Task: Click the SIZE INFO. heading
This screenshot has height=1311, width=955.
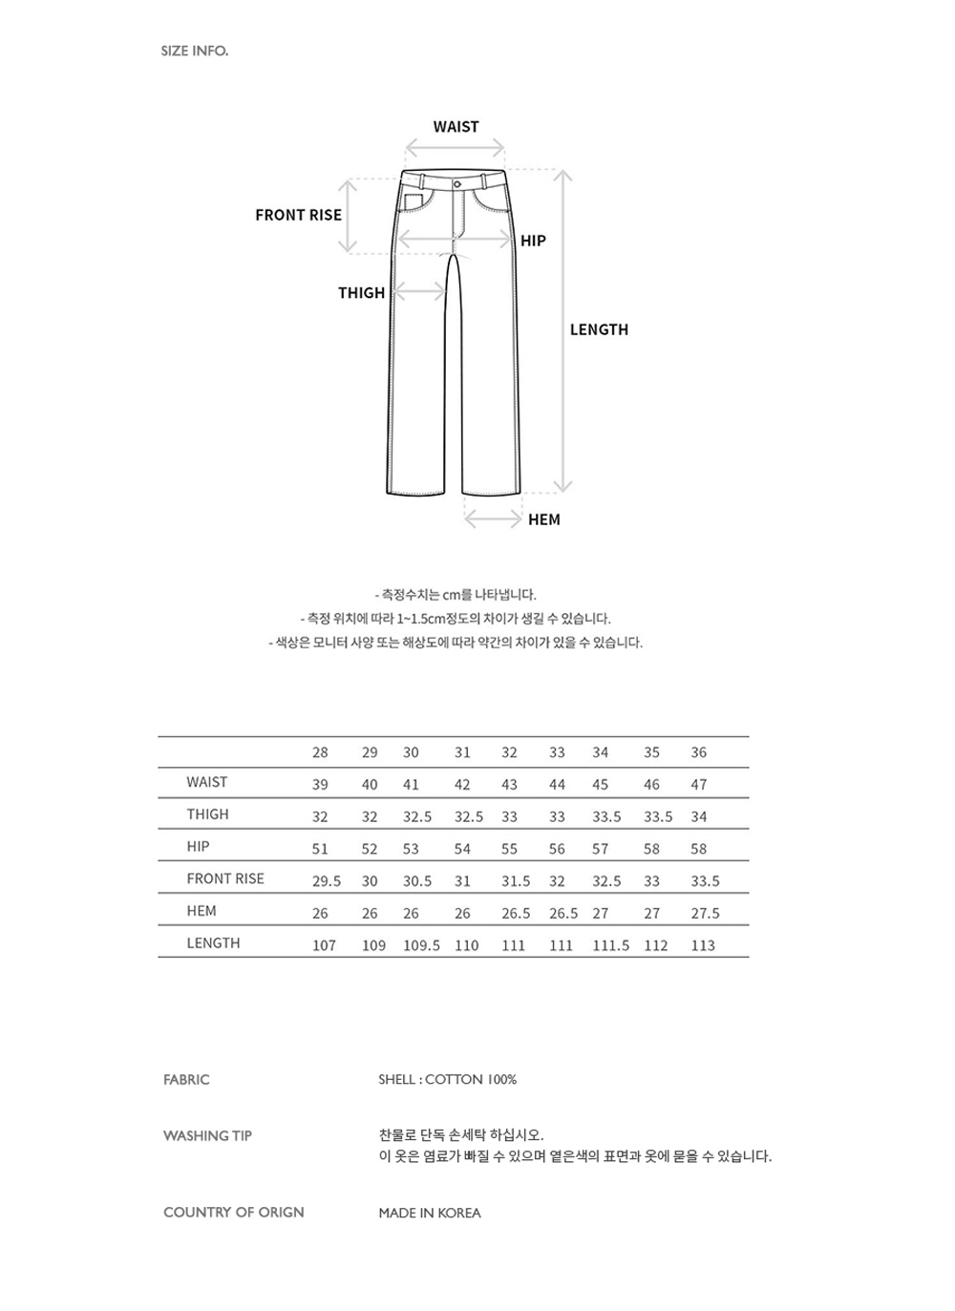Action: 195,51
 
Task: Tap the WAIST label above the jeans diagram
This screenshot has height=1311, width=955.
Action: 456,127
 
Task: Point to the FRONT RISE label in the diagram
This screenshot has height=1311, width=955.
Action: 298,215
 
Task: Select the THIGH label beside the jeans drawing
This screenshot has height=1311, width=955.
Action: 361,293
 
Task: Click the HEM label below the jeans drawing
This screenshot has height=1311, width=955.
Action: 544,519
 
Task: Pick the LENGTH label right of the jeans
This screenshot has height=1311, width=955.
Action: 599,329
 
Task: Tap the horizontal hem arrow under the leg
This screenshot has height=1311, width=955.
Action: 493,519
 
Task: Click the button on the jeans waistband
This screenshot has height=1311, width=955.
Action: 457,182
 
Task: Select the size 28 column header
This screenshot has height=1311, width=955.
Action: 320,752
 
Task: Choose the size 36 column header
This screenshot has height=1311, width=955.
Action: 699,752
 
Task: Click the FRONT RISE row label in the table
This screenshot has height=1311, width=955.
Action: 225,878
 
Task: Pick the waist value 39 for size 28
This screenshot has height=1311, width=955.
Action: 320,785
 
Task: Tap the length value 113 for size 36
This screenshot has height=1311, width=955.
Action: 703,945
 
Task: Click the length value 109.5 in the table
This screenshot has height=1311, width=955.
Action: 421,945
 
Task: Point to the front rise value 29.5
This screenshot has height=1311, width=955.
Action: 327,881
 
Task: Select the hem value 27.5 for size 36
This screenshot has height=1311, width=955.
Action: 705,914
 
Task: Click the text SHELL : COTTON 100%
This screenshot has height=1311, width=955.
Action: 447,1080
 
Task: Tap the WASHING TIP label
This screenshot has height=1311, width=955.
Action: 207,1136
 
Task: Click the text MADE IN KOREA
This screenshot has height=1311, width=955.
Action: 430,1213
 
